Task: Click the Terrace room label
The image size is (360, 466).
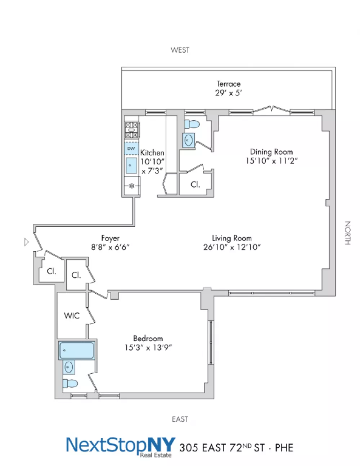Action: click(x=228, y=83)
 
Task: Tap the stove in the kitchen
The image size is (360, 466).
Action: click(x=131, y=130)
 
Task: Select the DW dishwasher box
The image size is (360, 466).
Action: click(x=131, y=148)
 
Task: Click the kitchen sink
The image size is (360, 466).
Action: click(x=131, y=165)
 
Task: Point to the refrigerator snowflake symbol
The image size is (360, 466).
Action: click(x=132, y=186)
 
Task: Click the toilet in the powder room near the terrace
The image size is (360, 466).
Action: click(x=192, y=124)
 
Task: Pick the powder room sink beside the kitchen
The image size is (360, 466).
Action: click(x=188, y=140)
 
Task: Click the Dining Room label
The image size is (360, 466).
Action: click(x=271, y=152)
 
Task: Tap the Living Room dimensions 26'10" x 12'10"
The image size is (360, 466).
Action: click(x=232, y=247)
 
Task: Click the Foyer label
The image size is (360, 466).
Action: click(x=110, y=238)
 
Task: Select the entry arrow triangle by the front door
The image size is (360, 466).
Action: click(x=26, y=242)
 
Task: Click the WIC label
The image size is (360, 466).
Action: click(x=72, y=316)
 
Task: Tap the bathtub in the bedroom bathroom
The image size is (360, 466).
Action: click(x=77, y=350)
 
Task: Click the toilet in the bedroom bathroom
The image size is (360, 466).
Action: click(x=70, y=384)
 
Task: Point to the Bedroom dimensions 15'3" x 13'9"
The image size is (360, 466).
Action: click(x=148, y=347)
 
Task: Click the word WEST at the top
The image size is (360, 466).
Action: click(x=180, y=50)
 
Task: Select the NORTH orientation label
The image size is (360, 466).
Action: click(x=347, y=233)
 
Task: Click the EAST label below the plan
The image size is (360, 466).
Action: click(x=180, y=419)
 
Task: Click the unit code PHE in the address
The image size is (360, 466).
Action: click(x=284, y=448)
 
